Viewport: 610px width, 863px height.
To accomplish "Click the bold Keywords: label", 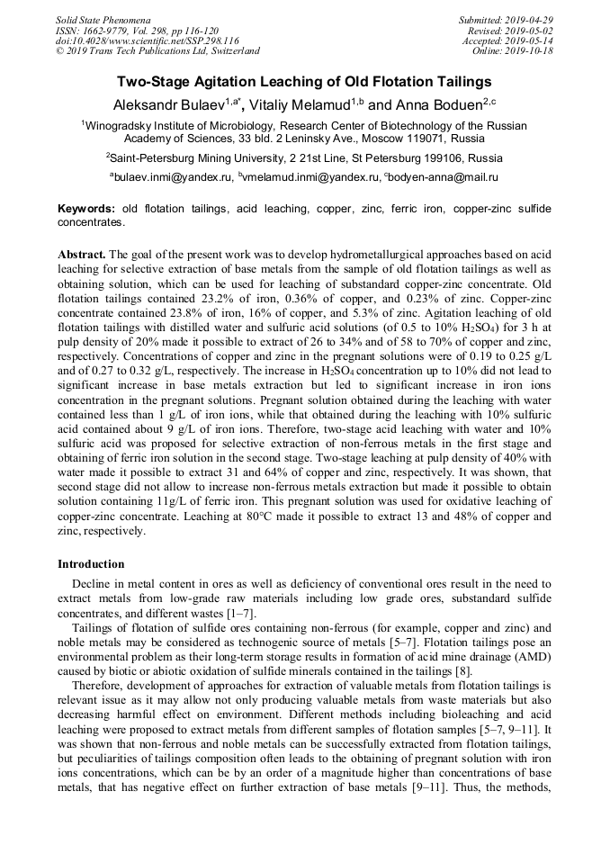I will (x=86, y=208).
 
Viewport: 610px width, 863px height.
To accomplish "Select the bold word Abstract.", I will (x=81, y=255).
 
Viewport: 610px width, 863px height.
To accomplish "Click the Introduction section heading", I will (x=91, y=564).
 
